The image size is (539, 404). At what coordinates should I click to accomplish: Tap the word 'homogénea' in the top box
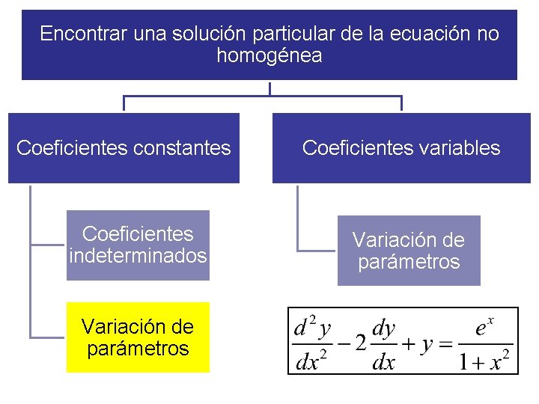pyautogui.click(x=269, y=56)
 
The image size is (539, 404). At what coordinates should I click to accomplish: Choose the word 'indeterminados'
pyautogui.click(x=138, y=256)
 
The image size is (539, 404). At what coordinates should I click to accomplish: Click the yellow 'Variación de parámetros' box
pyautogui.click(x=138, y=337)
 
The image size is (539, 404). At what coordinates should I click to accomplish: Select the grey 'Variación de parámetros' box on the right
pyautogui.click(x=409, y=251)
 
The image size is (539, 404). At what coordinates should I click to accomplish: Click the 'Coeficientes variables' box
pyautogui.click(x=401, y=148)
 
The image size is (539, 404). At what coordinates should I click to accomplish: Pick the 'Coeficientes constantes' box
pyautogui.click(x=124, y=148)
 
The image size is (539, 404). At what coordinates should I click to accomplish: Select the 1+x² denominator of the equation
pyautogui.click(x=485, y=362)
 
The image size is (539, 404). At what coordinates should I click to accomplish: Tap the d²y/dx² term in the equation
pyautogui.click(x=312, y=344)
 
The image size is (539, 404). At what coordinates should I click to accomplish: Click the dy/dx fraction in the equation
pyautogui.click(x=383, y=344)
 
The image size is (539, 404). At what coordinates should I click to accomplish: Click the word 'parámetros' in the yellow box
pyautogui.click(x=138, y=349)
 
